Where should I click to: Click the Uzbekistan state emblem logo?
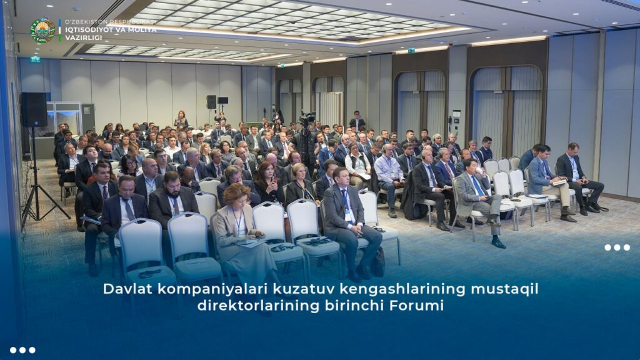(42, 30)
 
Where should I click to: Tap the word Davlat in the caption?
(127, 289)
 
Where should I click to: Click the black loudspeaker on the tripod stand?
(34, 109)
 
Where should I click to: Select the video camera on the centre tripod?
(307, 117)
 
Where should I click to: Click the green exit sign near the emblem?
(35, 59)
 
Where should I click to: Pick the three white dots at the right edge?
(617, 247)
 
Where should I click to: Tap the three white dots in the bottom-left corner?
(22, 350)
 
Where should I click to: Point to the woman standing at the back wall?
(181, 119)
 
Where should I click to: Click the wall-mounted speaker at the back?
(211, 102)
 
